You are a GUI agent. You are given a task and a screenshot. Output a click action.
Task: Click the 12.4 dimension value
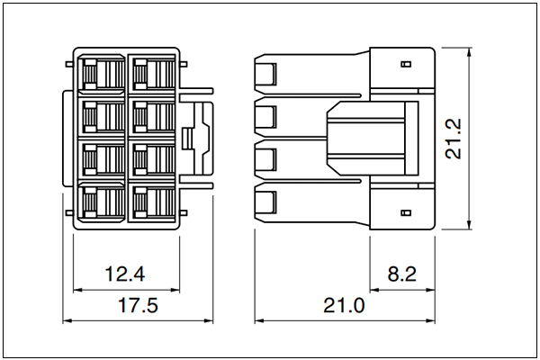pyautogui.click(x=125, y=274)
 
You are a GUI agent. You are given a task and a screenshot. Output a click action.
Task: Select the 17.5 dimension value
pyautogui.click(x=138, y=305)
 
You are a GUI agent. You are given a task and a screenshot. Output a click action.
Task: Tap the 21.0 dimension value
pyautogui.click(x=344, y=305)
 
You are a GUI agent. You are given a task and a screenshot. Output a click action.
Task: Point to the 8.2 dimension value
pyautogui.click(x=402, y=274)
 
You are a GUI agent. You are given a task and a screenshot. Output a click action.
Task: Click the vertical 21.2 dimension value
pyautogui.click(x=454, y=139)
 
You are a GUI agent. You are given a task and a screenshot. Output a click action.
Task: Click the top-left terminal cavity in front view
pyautogui.click(x=102, y=75)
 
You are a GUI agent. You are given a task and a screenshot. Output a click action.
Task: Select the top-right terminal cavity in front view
pyautogui.click(x=152, y=75)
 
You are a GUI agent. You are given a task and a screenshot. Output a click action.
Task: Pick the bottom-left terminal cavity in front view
pyautogui.click(x=102, y=202)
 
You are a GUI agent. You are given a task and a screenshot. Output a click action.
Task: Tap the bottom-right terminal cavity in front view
pyautogui.click(x=152, y=202)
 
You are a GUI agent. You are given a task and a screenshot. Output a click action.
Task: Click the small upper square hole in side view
pyautogui.click(x=407, y=64)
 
